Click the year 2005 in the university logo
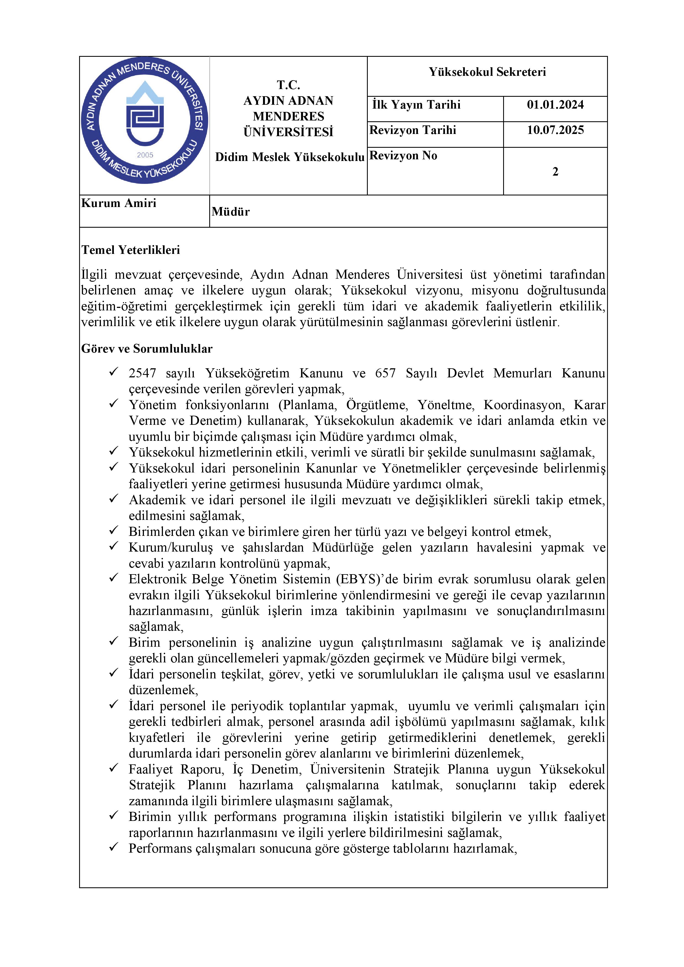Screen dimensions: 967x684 coord(145,155)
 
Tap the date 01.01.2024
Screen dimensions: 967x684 coord(555,105)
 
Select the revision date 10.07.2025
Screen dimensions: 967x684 coord(555,130)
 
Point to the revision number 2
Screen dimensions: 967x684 coord(555,172)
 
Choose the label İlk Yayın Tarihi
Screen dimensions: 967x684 coord(416,105)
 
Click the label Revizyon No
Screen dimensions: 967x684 coord(403,156)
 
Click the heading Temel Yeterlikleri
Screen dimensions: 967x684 coord(131,250)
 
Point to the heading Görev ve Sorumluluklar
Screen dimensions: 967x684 coord(147,349)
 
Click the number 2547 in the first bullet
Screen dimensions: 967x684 coord(142,373)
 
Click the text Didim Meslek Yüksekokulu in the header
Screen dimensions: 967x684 coord(289,157)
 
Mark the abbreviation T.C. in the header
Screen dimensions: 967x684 coord(288,85)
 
